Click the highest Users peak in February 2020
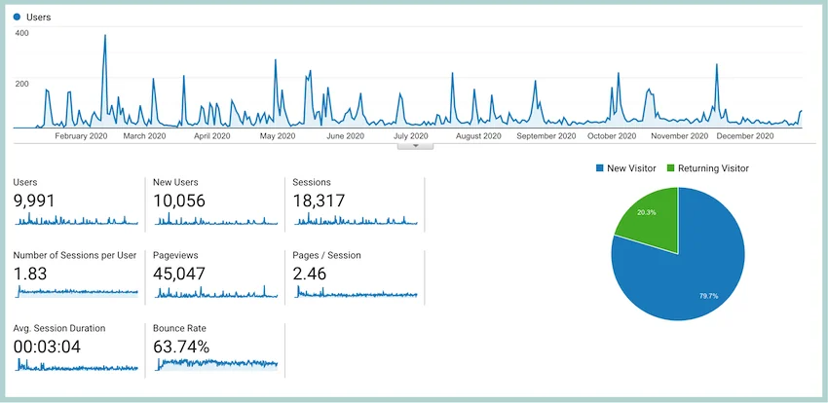click(x=104, y=36)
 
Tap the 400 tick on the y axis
click(x=22, y=33)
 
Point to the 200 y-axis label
click(x=22, y=84)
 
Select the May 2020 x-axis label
click(x=278, y=136)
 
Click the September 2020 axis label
click(x=546, y=136)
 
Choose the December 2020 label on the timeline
click(x=745, y=136)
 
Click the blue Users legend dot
click(x=17, y=18)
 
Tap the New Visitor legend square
click(x=599, y=168)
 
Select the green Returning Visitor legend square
click(x=670, y=168)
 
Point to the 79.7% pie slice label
click(x=708, y=297)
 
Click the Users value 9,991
click(x=34, y=201)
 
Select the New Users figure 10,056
click(x=179, y=201)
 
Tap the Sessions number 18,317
click(x=319, y=201)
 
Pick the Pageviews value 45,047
click(x=179, y=274)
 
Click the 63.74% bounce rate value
click(x=181, y=348)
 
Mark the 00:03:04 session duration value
click(x=47, y=348)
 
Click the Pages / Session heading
click(x=327, y=255)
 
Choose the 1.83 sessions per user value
click(x=30, y=274)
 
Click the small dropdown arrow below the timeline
click(x=416, y=146)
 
